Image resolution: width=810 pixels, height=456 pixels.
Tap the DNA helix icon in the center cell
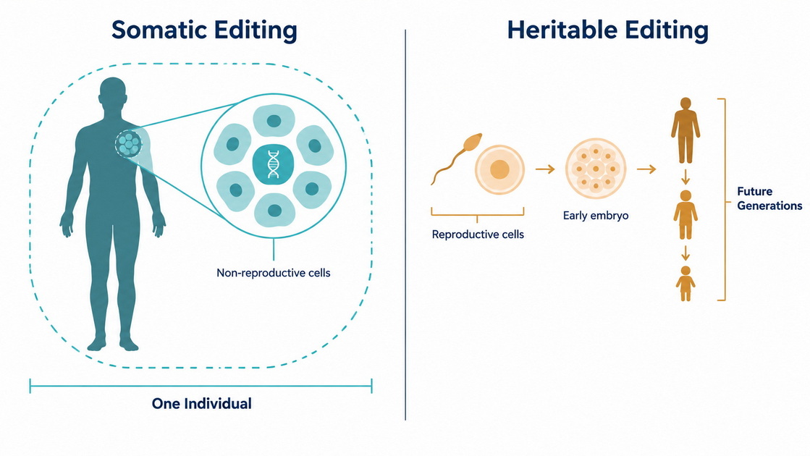(274, 164)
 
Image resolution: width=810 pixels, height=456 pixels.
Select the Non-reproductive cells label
(274, 273)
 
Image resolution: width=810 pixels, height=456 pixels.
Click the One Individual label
(201, 403)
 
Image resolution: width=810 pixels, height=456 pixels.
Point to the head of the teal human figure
(113, 92)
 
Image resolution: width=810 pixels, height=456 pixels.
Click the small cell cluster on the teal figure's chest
(129, 144)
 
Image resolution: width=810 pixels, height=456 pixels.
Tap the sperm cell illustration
(457, 158)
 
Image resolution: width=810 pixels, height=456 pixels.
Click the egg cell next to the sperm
(499, 169)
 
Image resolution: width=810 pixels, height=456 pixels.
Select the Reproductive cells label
(478, 235)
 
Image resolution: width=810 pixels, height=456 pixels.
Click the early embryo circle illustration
(596, 169)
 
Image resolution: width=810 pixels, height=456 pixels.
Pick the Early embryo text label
(596, 216)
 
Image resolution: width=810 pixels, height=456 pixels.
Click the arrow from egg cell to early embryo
(545, 169)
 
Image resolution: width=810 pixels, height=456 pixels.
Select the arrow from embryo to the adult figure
(646, 169)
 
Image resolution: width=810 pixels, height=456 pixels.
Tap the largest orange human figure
(685, 130)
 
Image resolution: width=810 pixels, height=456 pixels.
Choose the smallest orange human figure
(685, 284)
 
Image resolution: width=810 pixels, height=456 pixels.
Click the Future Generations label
(769, 198)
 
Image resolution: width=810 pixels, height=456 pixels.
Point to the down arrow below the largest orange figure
(685, 177)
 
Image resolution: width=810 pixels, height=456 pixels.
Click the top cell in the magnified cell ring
(274, 121)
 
